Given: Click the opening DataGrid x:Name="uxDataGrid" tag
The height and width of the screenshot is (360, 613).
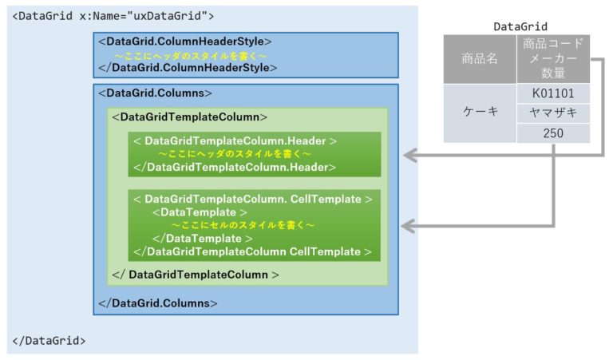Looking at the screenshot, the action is point(113,16).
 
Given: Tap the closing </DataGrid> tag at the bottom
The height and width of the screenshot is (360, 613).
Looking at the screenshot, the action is point(49,341).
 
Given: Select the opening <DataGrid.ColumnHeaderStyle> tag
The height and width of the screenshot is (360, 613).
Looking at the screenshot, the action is point(185,42).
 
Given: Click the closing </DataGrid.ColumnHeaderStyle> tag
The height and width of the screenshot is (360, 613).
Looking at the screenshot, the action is point(188,68).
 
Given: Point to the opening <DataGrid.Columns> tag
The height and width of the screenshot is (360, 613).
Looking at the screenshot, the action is point(155,93).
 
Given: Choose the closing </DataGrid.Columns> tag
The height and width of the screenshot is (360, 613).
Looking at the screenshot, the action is point(158,303).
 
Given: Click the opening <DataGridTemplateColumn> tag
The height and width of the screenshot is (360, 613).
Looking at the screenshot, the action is point(190,117).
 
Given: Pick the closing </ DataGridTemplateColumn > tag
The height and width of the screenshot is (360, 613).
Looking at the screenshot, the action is point(196,275).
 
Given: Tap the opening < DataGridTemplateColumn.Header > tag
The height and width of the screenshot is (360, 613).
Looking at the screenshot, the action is point(235,140).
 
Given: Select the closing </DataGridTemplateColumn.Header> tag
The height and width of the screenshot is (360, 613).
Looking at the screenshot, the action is point(235,168).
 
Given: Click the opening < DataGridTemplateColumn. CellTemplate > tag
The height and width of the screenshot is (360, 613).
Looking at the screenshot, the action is point(253,199).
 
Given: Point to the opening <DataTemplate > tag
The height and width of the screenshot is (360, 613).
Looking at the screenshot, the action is point(200,212).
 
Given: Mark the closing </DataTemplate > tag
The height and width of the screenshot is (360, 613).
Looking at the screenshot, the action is point(203,239).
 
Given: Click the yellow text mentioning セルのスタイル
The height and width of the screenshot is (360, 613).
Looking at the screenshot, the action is point(243,225).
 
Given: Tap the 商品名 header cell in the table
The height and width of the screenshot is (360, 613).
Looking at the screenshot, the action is point(480,59).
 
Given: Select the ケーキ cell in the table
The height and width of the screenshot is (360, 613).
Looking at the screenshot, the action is point(480,113).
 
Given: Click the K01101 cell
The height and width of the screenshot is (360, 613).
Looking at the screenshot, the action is point(553,94).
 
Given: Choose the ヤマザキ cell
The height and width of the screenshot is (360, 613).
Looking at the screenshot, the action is point(553,113).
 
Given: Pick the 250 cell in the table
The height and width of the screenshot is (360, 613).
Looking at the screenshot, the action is point(553,133).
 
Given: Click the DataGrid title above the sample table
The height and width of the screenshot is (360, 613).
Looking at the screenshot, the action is point(520,26).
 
